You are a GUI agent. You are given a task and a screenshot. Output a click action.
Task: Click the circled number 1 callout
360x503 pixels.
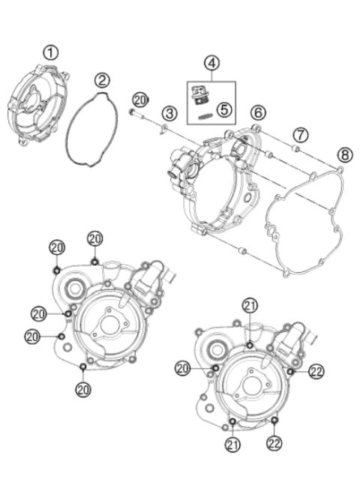[x=50, y=52]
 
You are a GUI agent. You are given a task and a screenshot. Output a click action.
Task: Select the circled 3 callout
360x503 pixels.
[x=170, y=114]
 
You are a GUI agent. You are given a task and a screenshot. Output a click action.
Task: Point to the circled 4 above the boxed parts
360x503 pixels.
[x=212, y=63]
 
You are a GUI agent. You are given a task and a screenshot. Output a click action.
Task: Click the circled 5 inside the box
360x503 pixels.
[x=223, y=109]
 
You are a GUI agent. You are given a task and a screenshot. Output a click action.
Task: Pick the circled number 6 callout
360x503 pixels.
[x=257, y=112]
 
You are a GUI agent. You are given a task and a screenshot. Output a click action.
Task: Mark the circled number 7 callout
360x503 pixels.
[x=300, y=135]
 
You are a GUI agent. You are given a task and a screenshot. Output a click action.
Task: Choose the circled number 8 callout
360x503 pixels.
[x=344, y=156]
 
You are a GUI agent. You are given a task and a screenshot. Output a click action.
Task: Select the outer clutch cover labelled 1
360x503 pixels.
[x=38, y=105]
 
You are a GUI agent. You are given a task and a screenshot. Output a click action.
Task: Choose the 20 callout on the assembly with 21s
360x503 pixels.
[x=182, y=367]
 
